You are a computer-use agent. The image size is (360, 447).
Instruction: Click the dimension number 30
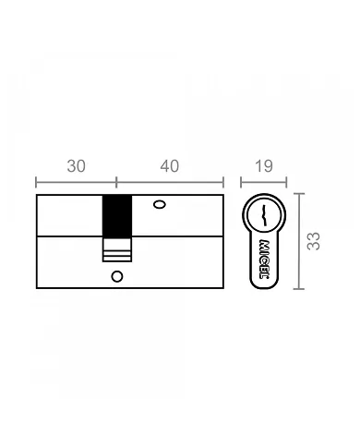77,166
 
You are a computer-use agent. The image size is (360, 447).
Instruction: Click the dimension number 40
169,166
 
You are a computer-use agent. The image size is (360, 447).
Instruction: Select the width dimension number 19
262,166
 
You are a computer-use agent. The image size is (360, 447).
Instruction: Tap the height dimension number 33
314,240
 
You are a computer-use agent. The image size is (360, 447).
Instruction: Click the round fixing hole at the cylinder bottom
116,276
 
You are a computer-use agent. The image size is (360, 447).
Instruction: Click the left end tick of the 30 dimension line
36,182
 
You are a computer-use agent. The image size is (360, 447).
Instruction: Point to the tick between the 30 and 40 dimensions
116,182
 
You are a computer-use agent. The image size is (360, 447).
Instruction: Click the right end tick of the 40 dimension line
224,182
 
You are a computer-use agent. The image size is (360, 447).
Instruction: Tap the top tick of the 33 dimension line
298,194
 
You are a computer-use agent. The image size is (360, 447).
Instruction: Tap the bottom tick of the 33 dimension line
298,288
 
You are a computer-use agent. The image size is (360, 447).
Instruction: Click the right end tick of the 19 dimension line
286,182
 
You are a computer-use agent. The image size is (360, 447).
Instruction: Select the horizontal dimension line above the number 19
263,182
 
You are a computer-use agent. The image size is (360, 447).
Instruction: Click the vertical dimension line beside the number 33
298,240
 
